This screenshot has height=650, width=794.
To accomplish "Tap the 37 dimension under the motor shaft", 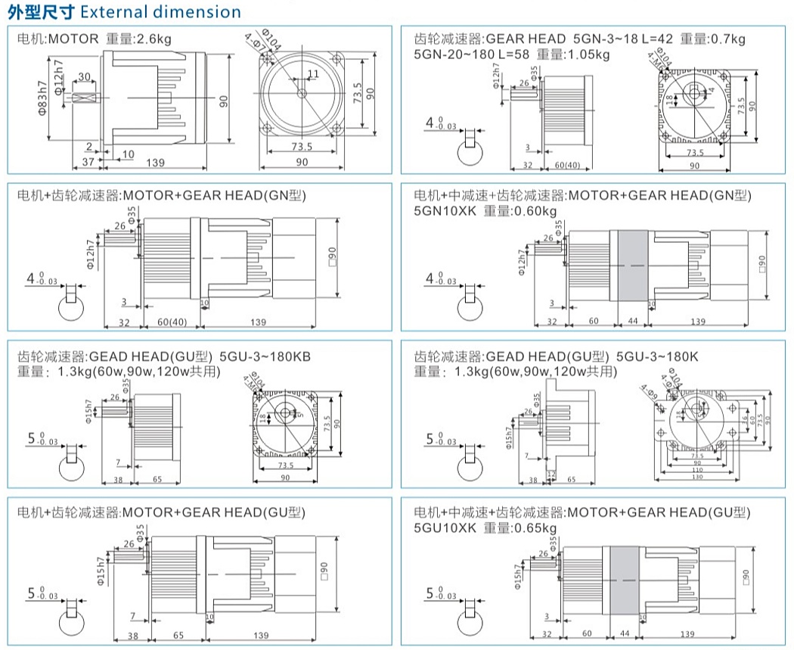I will pyautogui.click(x=88, y=163).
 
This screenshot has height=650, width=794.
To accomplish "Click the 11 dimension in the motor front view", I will pyautogui.click(x=313, y=73).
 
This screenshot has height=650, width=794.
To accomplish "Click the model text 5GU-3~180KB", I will pyautogui.click(x=265, y=356).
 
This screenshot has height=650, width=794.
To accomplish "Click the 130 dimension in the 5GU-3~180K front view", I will pyautogui.click(x=696, y=477).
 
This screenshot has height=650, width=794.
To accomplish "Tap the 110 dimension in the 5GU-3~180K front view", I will pyautogui.click(x=696, y=470).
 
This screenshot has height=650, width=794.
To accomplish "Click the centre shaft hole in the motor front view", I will pyautogui.click(x=302, y=94).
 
